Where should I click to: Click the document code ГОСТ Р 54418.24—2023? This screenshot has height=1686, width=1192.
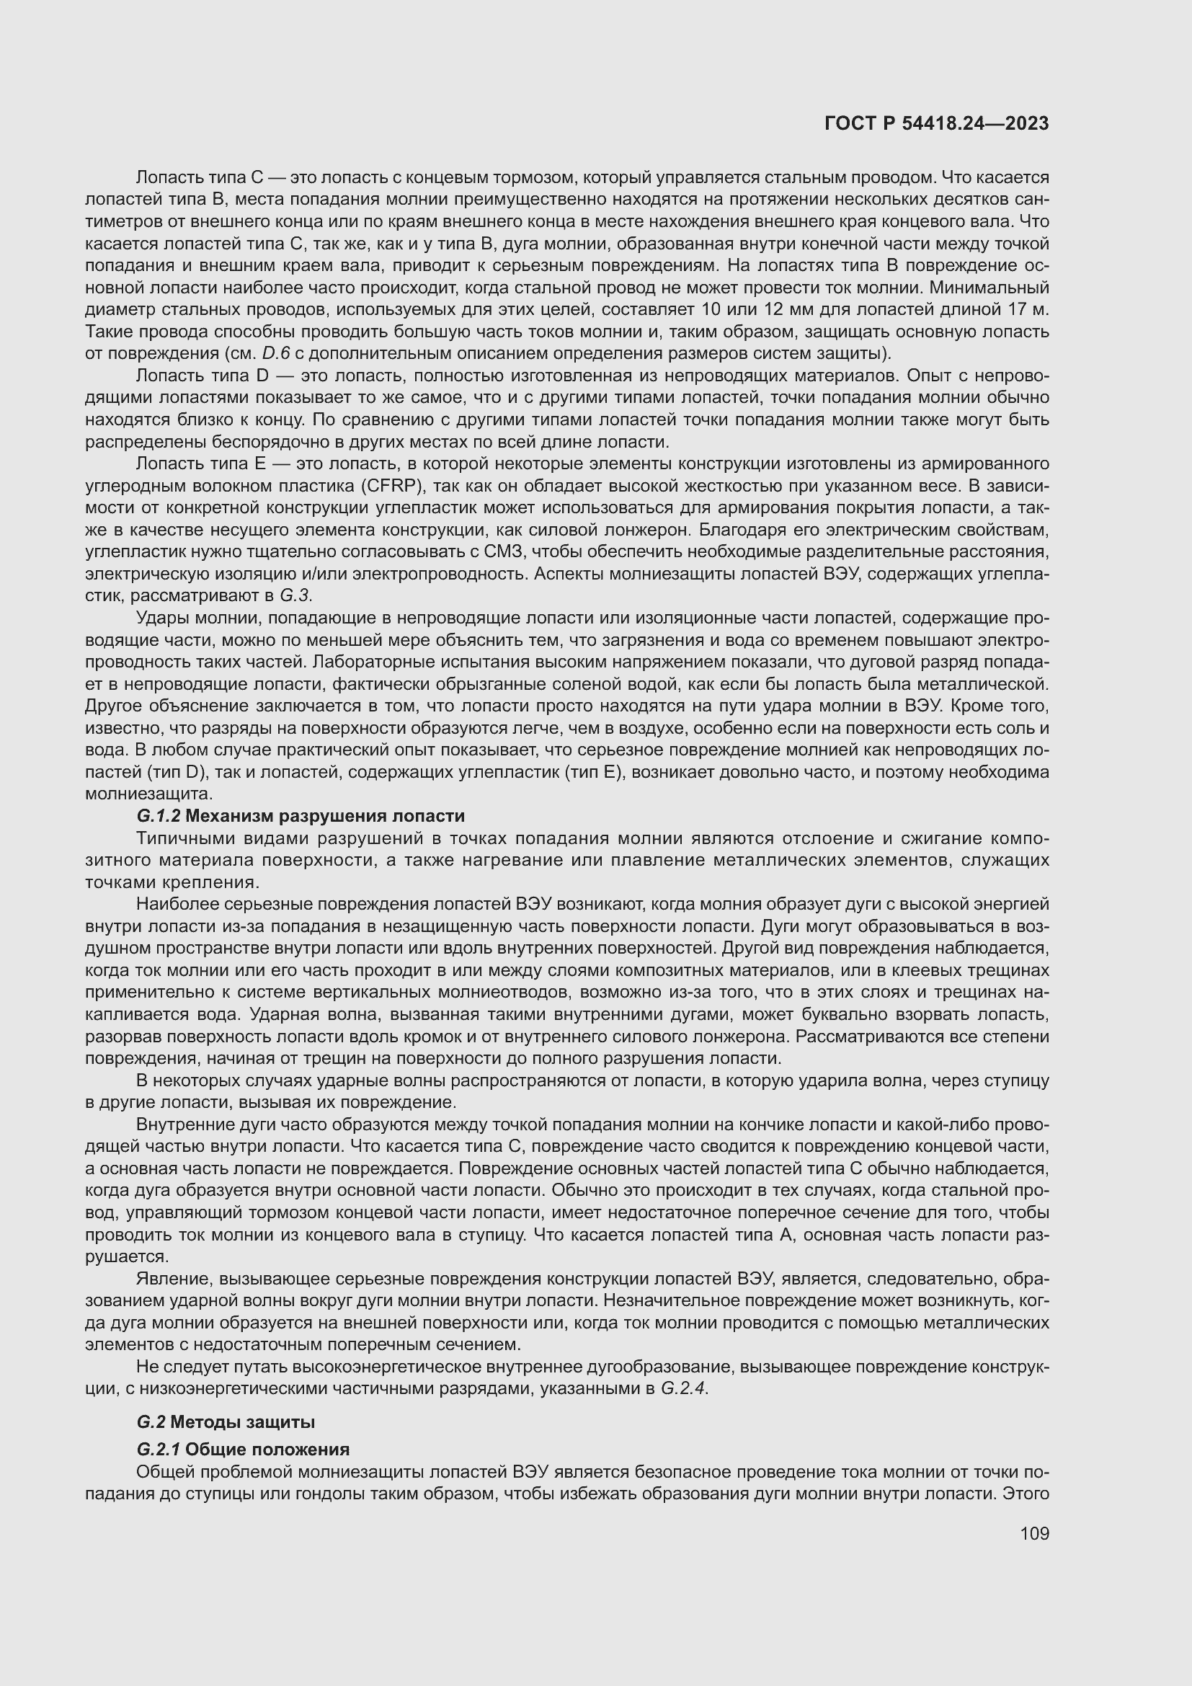click(x=937, y=124)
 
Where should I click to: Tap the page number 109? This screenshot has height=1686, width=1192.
click(x=1034, y=1534)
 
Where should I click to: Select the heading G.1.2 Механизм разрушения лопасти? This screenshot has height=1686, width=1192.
click(x=301, y=816)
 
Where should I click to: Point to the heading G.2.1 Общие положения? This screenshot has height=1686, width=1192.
click(x=242, y=1450)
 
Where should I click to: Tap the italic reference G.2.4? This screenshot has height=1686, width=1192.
click(x=683, y=1388)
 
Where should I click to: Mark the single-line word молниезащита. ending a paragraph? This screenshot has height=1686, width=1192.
click(x=149, y=794)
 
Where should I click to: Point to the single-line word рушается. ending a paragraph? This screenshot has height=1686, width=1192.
click(x=127, y=1256)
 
